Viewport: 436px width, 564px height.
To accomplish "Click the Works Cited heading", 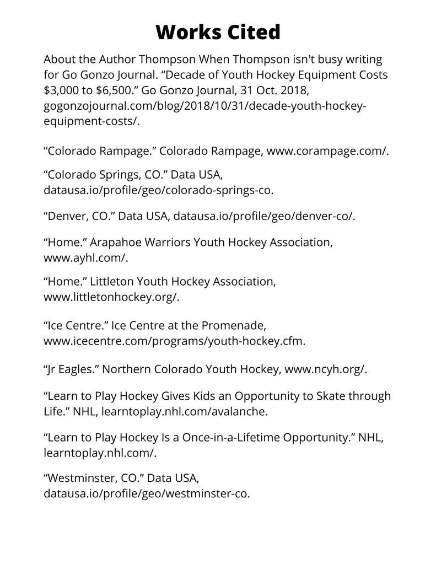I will click(x=218, y=33).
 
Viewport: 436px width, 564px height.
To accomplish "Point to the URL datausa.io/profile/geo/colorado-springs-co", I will click(x=158, y=191).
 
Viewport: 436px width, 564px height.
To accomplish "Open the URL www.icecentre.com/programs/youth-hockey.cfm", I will click(x=174, y=341).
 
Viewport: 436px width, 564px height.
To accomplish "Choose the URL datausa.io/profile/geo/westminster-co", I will click(x=146, y=493).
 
